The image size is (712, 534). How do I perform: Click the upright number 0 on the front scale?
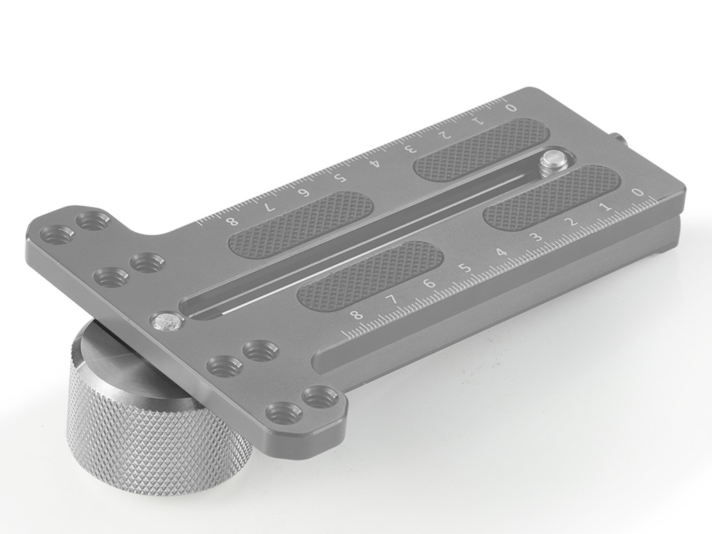pyautogui.click(x=638, y=193)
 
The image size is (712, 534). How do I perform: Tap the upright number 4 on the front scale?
pyautogui.click(x=501, y=252)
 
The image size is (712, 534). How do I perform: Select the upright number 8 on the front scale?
pyautogui.click(x=357, y=315)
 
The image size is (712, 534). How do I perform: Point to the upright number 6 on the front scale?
pyautogui.click(x=430, y=284)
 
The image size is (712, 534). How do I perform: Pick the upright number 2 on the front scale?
pyautogui.click(x=573, y=222)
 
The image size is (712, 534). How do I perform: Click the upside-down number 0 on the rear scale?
pyautogui.click(x=511, y=108)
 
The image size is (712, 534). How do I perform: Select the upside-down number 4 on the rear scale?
pyautogui.click(x=375, y=163)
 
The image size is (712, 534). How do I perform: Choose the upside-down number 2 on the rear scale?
pyautogui.click(x=445, y=135)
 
